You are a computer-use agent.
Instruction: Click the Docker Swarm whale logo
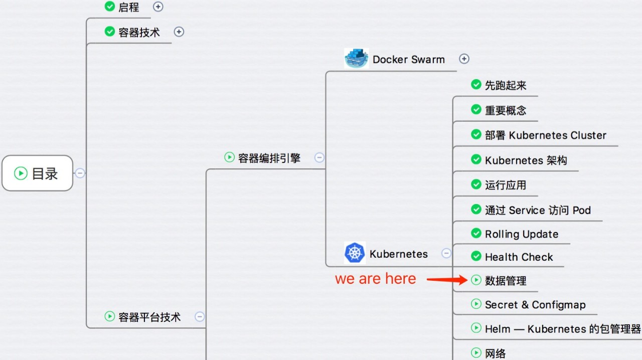(x=356, y=59)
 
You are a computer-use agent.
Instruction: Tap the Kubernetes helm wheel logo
(x=355, y=253)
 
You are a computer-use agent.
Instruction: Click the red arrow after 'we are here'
(x=447, y=279)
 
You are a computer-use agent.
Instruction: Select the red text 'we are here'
(x=376, y=279)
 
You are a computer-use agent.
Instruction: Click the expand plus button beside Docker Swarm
(x=464, y=59)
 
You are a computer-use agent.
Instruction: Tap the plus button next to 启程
(x=158, y=7)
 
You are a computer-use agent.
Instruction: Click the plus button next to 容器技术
(x=179, y=32)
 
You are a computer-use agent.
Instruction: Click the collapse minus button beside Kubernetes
(x=446, y=253)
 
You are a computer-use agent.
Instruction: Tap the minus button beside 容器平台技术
(x=200, y=317)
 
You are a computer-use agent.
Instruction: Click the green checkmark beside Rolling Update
(x=476, y=233)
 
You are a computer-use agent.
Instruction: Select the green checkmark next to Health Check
(x=476, y=256)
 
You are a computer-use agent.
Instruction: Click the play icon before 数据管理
(x=476, y=280)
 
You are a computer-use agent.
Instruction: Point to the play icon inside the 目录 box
(x=21, y=173)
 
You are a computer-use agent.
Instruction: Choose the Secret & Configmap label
(x=535, y=305)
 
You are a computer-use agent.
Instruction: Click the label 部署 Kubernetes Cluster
(x=545, y=135)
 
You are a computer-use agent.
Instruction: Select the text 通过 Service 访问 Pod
(x=538, y=210)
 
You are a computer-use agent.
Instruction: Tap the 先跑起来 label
(x=506, y=85)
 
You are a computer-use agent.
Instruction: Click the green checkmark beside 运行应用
(x=476, y=185)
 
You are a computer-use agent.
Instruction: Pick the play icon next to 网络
(x=476, y=352)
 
